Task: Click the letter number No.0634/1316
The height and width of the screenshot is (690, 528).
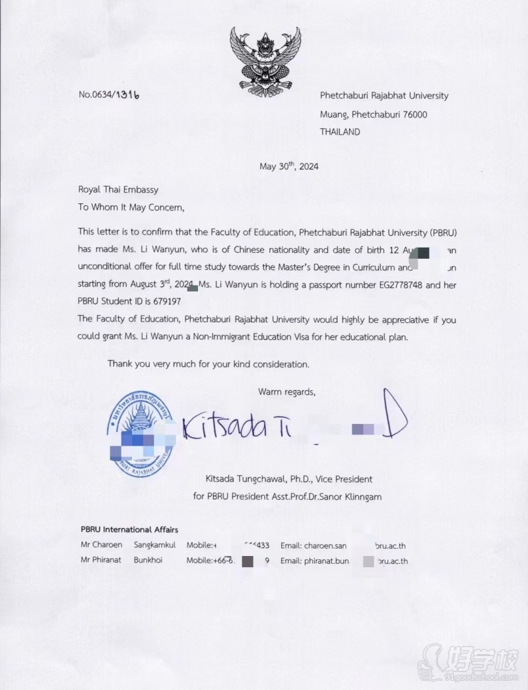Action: pos(109,94)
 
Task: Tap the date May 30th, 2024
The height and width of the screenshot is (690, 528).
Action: pos(289,166)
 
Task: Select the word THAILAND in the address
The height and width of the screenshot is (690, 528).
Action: pos(340,132)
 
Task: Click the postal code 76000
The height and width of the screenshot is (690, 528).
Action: pos(412,114)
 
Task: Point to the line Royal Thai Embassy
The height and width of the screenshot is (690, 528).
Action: pos(118,190)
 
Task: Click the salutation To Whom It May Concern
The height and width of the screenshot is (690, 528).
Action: pos(131,207)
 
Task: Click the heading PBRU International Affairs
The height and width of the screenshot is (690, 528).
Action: pos(129,530)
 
